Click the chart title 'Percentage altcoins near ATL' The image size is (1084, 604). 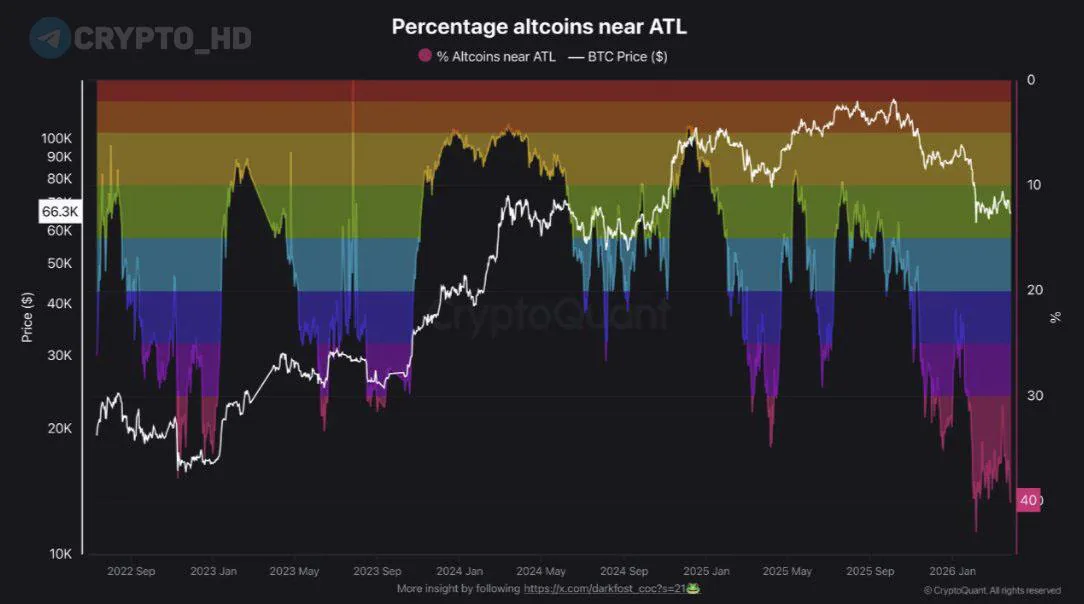(539, 26)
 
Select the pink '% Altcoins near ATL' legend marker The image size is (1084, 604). (424, 57)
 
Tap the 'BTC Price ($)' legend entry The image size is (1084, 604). (617, 57)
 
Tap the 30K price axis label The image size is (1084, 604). (59, 355)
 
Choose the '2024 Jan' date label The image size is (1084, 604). (461, 572)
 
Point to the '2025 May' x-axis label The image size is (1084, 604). (787, 572)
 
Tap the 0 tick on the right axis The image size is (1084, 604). (1031, 81)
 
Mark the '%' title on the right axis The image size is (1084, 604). (1055, 317)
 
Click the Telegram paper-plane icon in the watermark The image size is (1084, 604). (49, 38)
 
